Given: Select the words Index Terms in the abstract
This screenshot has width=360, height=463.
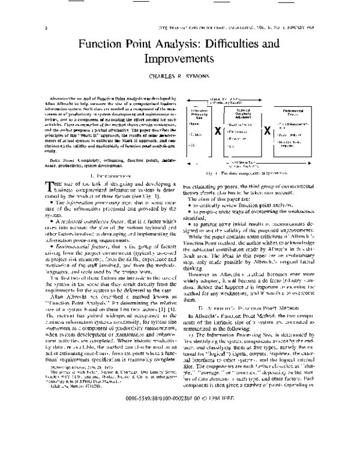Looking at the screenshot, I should coord(63,158).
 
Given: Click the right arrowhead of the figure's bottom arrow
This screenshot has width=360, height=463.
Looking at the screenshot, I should coord(310,164).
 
